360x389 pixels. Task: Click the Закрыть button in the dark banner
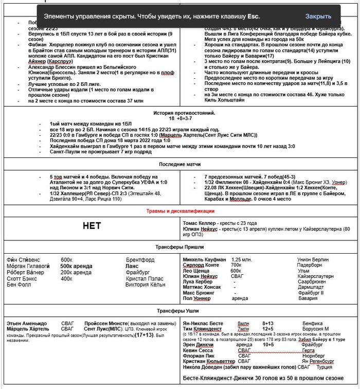pyautogui.click(x=318, y=16)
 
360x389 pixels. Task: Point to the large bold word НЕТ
pyautogui.click(x=93, y=226)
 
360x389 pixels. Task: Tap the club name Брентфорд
pyautogui.click(x=140, y=260)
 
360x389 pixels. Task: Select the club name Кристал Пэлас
pyautogui.click(x=145, y=278)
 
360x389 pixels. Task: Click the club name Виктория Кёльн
pyautogui.click(x=146, y=285)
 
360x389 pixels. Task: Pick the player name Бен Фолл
pyautogui.click(x=19, y=285)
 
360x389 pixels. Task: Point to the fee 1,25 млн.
pyautogui.click(x=243, y=260)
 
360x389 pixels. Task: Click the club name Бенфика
pyautogui.click(x=308, y=323)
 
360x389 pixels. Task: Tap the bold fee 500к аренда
pyautogui.click(x=77, y=266)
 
